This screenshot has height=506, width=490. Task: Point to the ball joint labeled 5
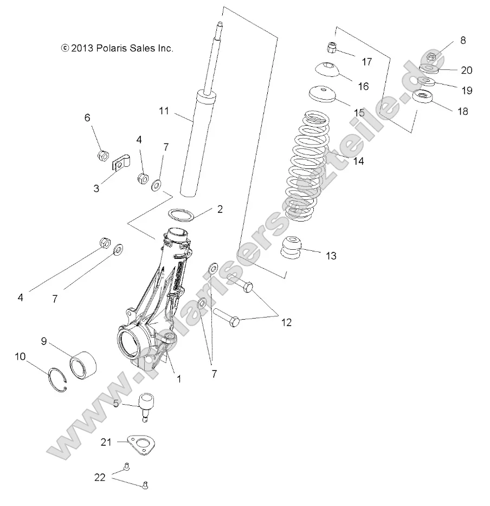(145, 406)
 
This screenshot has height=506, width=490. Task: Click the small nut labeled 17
(333, 48)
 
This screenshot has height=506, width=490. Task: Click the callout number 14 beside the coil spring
(358, 161)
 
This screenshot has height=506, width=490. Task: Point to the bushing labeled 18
(422, 99)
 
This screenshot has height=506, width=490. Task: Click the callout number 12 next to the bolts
(286, 322)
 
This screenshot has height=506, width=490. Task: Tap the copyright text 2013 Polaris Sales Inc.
(117, 48)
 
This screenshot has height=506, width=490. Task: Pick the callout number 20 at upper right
(466, 70)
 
